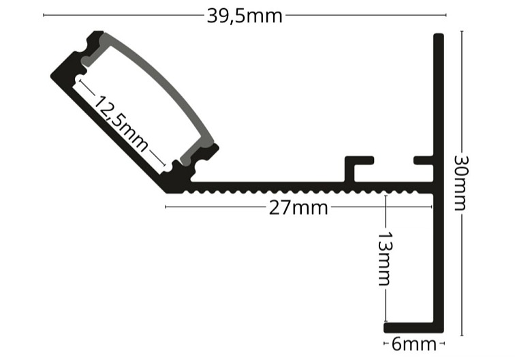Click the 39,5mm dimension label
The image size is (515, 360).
(244, 15)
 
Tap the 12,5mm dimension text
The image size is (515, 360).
(121, 123)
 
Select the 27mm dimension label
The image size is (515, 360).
(298, 208)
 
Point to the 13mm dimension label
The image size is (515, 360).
(385, 260)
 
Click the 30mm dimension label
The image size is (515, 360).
(463, 182)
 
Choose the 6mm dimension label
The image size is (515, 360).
(413, 344)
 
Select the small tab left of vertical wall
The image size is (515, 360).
(424, 162)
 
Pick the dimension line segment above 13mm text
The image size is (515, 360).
(386, 211)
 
